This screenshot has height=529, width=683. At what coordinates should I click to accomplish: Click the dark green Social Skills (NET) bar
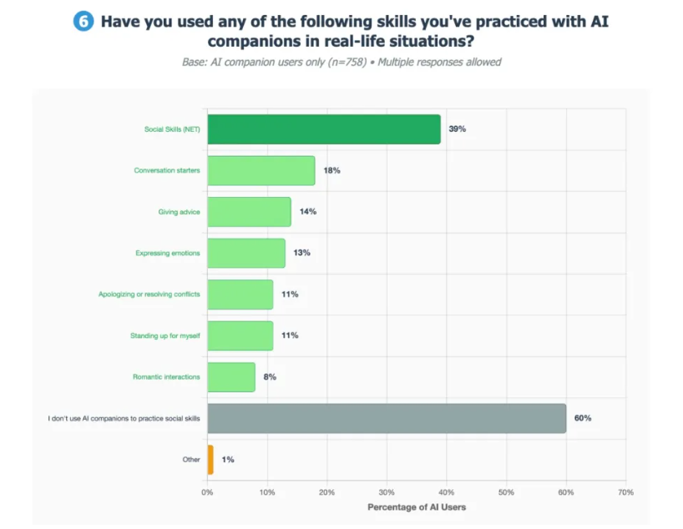(324, 129)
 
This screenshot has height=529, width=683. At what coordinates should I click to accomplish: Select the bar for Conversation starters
(261, 170)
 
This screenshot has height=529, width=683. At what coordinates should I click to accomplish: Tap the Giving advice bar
(249, 211)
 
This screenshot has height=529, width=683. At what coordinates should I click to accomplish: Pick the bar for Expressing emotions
(246, 253)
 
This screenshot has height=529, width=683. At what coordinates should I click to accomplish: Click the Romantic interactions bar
(231, 376)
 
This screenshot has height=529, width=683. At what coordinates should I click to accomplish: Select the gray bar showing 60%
(387, 418)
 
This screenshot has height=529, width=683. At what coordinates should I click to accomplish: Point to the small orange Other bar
(210, 459)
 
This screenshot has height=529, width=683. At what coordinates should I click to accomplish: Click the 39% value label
(457, 129)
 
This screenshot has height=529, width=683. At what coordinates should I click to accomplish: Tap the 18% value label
(331, 170)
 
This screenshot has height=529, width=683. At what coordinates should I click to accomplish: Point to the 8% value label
(270, 376)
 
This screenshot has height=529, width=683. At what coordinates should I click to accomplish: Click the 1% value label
(228, 459)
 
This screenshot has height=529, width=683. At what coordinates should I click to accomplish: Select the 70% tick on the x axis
(625, 492)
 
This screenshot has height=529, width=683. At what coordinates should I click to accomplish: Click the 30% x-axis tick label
(387, 492)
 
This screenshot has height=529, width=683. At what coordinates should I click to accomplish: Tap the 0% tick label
(207, 492)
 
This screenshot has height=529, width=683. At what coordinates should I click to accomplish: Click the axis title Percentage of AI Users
(417, 507)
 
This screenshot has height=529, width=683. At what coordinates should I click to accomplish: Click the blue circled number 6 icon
(83, 22)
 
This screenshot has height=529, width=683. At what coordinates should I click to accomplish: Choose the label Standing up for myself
(166, 335)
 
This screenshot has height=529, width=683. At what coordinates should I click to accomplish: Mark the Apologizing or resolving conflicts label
(149, 294)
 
